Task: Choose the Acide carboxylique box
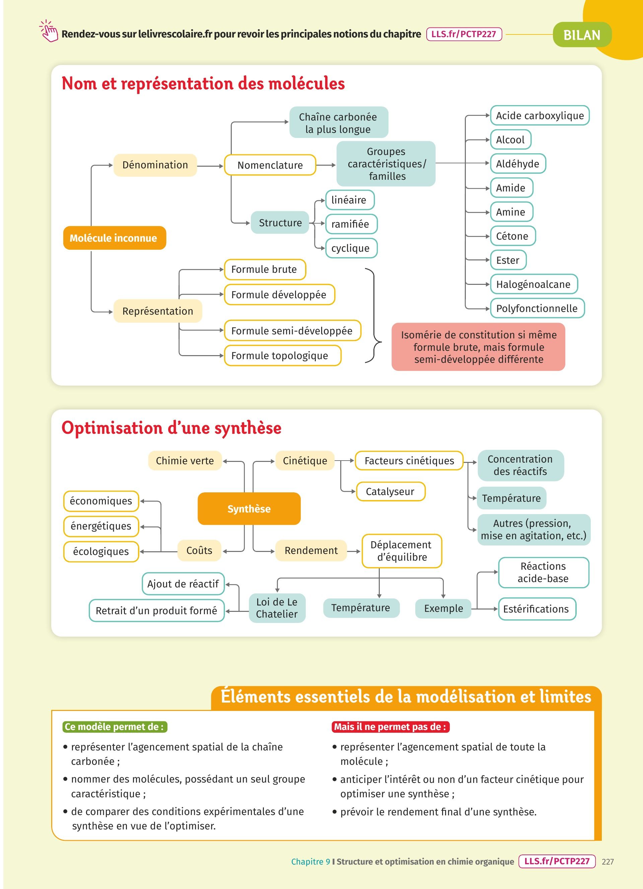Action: click(540, 115)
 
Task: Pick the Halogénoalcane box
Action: click(533, 284)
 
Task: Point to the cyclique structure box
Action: click(351, 248)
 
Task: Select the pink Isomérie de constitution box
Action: click(478, 347)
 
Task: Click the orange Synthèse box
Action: click(249, 509)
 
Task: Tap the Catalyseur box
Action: click(390, 492)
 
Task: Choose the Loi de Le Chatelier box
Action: click(277, 608)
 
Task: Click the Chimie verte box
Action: click(185, 461)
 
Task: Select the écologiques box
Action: click(101, 552)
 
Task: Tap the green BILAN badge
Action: click(582, 35)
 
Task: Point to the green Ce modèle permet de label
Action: click(115, 727)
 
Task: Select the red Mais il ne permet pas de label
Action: click(390, 727)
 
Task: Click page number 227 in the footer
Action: click(608, 862)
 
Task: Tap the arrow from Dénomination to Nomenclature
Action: click(210, 166)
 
